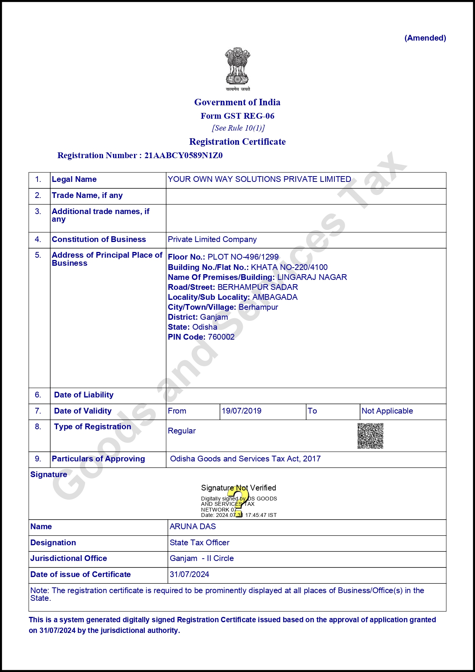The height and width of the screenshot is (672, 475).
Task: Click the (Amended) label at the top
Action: pyautogui.click(x=425, y=38)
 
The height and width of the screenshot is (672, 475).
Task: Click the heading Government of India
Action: pyautogui.click(x=237, y=102)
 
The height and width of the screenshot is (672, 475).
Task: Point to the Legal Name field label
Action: pyautogui.click(x=74, y=179)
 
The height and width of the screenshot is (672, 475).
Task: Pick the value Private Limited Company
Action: pyautogui.click(x=212, y=239)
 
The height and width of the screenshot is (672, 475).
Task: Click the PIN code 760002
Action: pyautogui.click(x=221, y=337)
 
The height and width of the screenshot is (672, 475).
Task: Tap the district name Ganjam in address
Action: pyautogui.click(x=214, y=317)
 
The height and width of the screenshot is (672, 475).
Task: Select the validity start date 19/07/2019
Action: pyautogui.click(x=241, y=411)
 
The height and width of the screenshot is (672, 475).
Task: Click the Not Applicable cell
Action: pyautogui.click(x=387, y=411)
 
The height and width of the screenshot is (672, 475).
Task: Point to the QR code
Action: pyautogui.click(x=370, y=436)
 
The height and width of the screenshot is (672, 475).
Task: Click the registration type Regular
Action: pyautogui.click(x=182, y=431)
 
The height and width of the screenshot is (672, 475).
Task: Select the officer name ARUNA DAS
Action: pyautogui.click(x=193, y=526)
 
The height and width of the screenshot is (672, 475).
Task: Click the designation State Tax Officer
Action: pyautogui.click(x=200, y=543)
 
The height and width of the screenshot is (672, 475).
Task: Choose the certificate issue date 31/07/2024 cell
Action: pyautogui.click(x=190, y=574)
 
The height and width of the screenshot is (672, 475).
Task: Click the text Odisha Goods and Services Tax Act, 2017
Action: pyautogui.click(x=245, y=459)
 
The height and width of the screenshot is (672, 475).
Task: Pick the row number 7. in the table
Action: pyautogui.click(x=38, y=411)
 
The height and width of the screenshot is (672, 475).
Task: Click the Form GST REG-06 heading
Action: pyautogui.click(x=237, y=116)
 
